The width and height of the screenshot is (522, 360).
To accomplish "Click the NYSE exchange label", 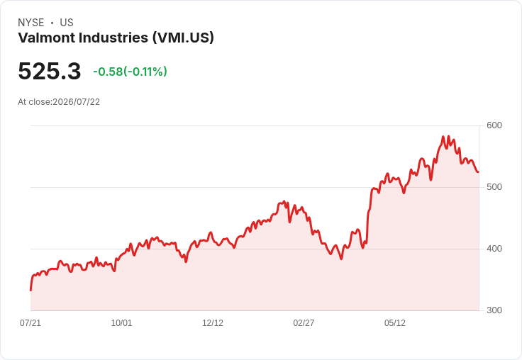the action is tap(31, 23).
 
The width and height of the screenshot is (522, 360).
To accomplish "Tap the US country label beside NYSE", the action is tap(67, 23).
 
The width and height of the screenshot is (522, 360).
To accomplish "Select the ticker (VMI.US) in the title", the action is tap(183, 38).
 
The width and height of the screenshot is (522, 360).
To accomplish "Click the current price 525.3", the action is tap(49, 71).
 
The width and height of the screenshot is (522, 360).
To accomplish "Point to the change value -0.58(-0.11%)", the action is tap(130, 72).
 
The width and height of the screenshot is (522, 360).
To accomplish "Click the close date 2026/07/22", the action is tap(76, 102).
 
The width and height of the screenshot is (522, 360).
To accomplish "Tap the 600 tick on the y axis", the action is tap(494, 125).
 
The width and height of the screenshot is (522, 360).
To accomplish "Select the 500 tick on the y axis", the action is tap(494, 187).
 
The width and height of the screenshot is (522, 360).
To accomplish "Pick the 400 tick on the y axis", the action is tap(494, 249).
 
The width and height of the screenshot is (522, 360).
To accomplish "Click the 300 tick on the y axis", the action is tap(494, 310).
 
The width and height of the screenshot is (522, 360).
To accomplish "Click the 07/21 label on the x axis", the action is tap(30, 323).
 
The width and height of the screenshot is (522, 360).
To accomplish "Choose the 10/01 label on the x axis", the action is tap(121, 323).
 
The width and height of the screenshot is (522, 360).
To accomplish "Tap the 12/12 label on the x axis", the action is tap(213, 323).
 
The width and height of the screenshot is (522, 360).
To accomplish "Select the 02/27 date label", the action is tap(304, 323).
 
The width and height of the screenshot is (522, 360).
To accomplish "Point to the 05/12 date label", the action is tap(395, 323).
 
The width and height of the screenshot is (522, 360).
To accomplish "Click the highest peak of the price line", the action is tap(443, 136).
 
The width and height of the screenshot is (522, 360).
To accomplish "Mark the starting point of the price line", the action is tap(30, 291).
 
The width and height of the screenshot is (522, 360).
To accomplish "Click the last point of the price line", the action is tap(479, 172).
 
